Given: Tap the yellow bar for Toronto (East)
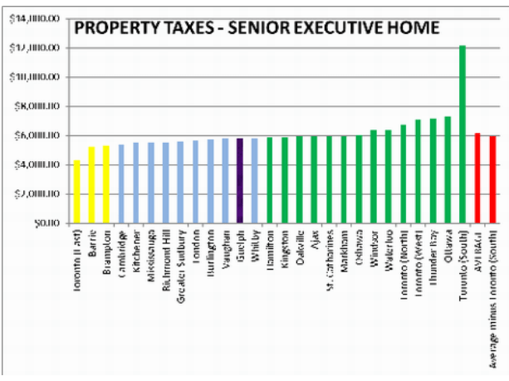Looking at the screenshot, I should tap(77, 191).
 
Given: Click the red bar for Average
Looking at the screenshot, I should tap(477, 178).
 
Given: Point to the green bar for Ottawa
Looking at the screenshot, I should tap(448, 169).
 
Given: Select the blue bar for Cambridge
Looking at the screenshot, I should tap(121, 183).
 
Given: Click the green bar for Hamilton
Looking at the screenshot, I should tap(269, 180).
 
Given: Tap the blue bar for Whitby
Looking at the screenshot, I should tap(254, 180).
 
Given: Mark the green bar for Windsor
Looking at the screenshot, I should tap(374, 176).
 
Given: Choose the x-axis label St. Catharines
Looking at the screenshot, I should tap(330, 260).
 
